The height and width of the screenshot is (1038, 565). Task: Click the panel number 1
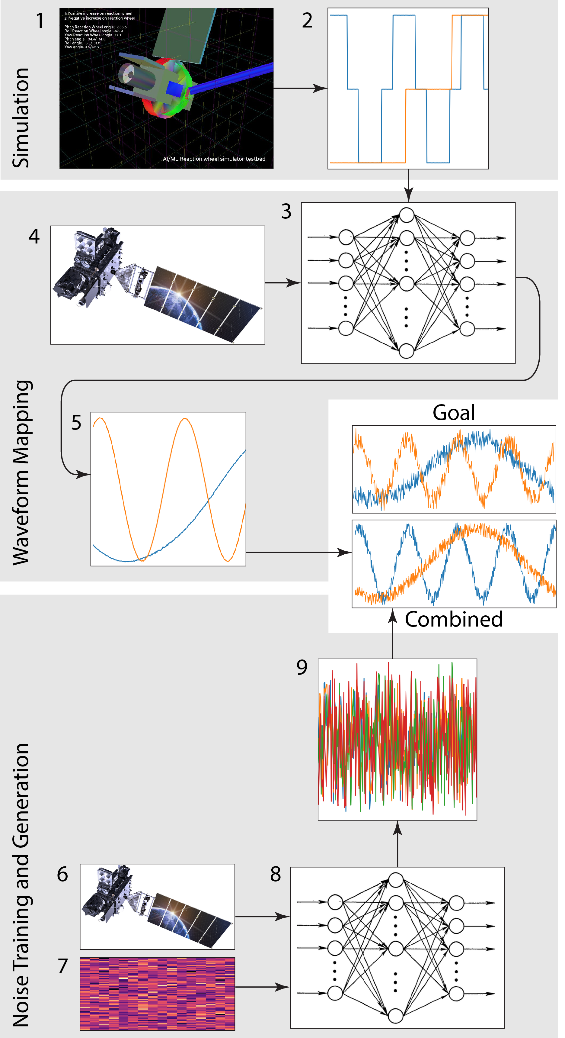pyautogui.click(x=40, y=21)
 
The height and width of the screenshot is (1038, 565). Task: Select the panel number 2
pyautogui.click(x=307, y=21)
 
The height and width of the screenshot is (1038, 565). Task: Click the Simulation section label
pyautogui.click(x=21, y=117)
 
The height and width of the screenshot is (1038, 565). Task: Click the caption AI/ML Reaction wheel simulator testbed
pyautogui.click(x=214, y=159)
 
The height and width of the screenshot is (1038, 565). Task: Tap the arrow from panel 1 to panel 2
pyautogui.click(x=300, y=88)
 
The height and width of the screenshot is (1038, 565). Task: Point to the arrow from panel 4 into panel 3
pyautogui.click(x=283, y=283)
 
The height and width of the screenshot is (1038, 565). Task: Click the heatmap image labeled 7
pyautogui.click(x=157, y=993)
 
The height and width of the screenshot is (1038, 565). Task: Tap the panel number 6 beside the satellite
pyautogui.click(x=62, y=874)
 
